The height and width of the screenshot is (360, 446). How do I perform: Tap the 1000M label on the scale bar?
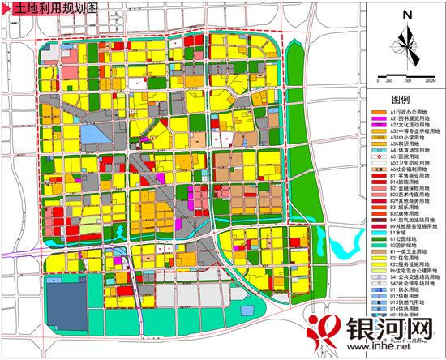430,81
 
